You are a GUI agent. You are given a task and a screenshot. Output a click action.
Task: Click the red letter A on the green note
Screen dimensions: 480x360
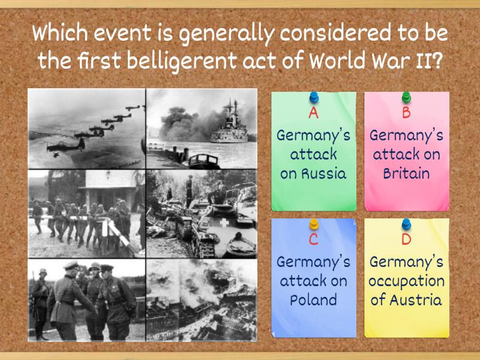pos(313,113)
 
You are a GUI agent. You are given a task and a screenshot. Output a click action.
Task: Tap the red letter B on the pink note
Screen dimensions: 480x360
pos(406,113)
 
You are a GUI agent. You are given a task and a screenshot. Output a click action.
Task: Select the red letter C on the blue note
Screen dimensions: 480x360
pos(313,239)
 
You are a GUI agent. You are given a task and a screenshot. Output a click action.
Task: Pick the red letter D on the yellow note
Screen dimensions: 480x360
pos(406,239)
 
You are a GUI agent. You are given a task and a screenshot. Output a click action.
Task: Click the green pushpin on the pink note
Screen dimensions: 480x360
pos(406,98)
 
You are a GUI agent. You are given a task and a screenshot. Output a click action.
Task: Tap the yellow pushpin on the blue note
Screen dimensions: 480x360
pos(314,224)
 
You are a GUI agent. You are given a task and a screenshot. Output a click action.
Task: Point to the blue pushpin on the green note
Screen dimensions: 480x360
pos(314,98)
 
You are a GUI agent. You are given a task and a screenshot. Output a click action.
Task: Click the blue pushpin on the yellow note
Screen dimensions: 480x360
pos(406,224)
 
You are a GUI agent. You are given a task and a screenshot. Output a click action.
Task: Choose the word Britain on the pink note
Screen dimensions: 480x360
pos(406,173)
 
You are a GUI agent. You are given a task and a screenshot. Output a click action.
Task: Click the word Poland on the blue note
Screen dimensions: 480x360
pos(313,300)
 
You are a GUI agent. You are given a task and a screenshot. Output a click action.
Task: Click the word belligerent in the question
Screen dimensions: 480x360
pos(182,61)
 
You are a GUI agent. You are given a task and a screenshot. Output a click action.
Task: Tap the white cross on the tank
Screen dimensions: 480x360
pos(224,223)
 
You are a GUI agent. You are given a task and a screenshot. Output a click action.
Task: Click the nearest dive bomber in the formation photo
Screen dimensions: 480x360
pos(66,146)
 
